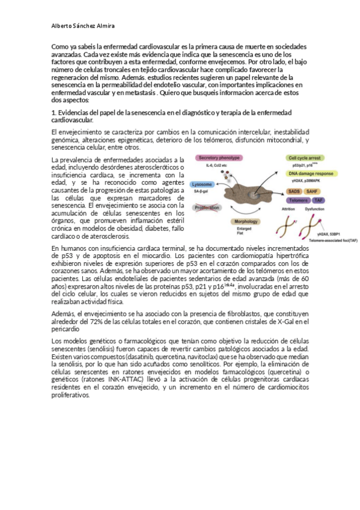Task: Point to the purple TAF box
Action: [x=319, y=200]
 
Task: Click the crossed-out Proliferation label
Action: [x=208, y=207]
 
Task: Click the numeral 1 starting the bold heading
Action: [x=53, y=112]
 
